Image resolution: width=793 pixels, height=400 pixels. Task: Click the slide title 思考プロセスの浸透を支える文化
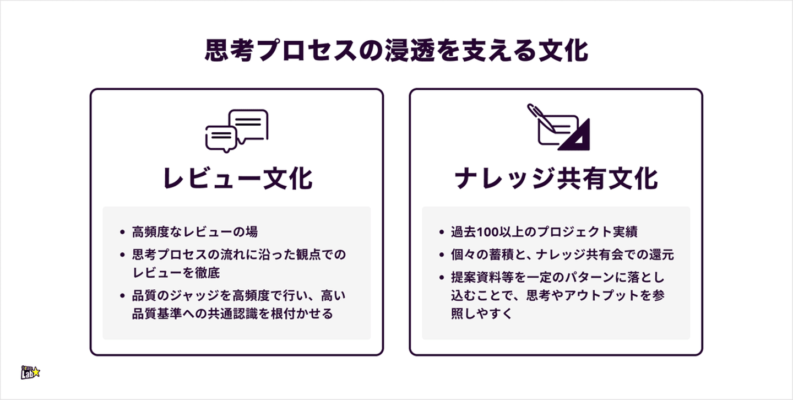pos(396,51)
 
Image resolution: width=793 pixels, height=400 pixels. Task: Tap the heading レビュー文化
pos(237,179)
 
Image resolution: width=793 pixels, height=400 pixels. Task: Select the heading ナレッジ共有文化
pos(556,179)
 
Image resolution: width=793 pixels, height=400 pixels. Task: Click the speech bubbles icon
pos(237,130)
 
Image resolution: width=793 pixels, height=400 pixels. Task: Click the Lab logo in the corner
pos(30,373)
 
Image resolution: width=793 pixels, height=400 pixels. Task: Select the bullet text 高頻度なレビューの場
pos(194,232)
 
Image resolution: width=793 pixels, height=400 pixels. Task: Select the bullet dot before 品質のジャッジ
pos(122,296)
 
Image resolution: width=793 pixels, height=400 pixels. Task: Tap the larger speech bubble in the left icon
pos(248,123)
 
